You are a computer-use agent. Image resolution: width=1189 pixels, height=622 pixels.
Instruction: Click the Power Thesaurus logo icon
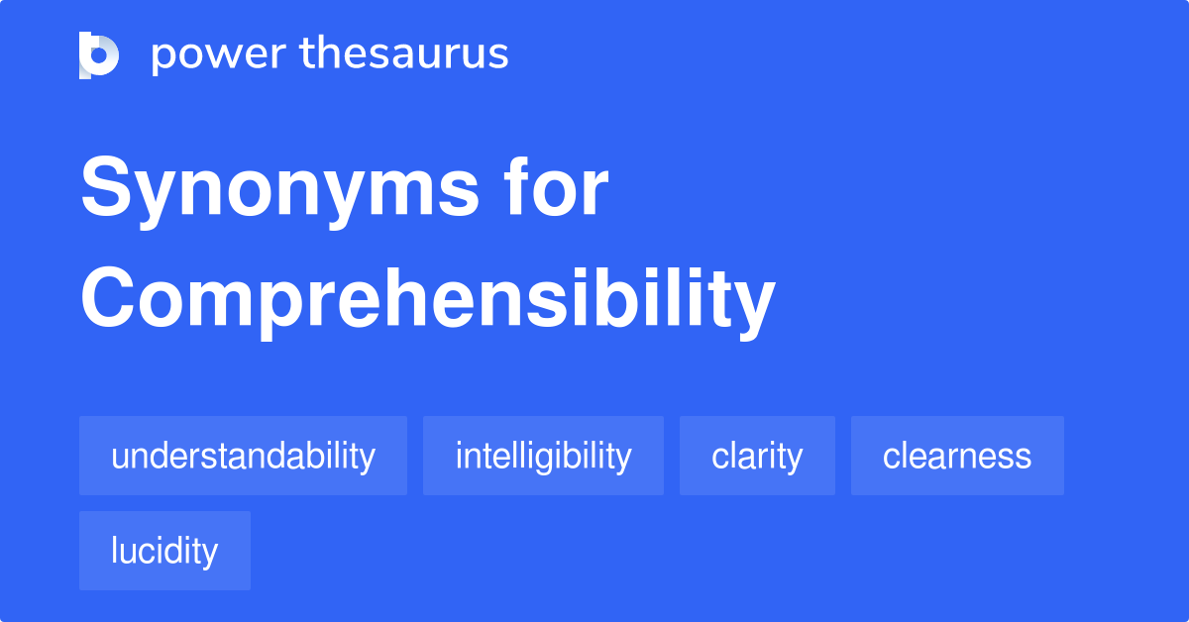coord(99,54)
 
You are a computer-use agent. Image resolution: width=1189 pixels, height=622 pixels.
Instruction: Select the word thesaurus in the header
coord(404,54)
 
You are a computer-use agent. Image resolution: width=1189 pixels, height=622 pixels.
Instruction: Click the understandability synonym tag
coord(243,456)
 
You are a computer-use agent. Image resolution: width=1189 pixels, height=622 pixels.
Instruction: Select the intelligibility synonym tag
coord(543,456)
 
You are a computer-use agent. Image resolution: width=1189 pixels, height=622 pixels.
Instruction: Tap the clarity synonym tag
coord(757,456)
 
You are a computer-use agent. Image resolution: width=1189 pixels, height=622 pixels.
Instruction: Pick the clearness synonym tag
coord(957,456)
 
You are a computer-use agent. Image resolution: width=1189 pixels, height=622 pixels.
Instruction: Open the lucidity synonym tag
coord(164,551)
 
